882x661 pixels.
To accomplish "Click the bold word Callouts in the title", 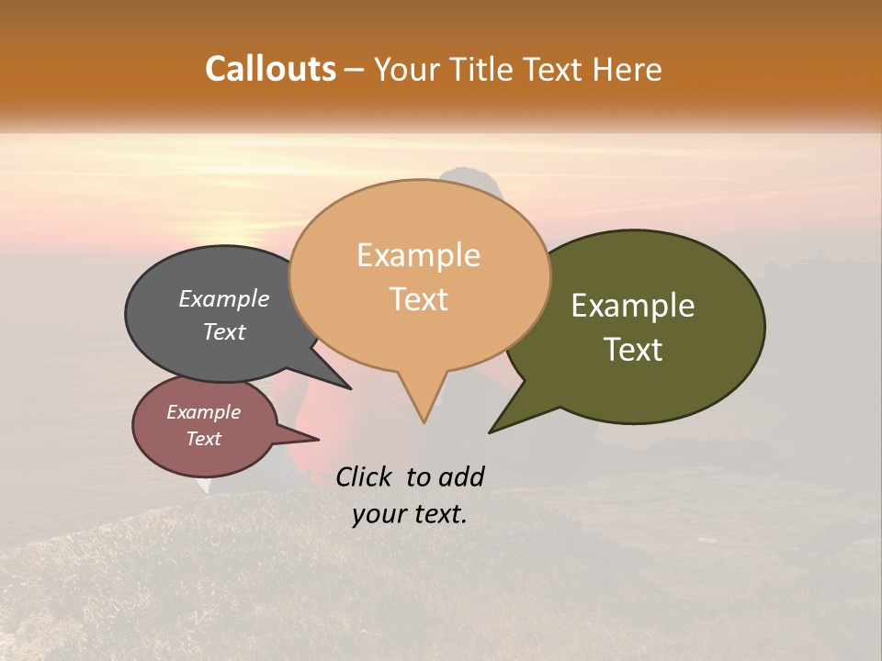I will coord(270,69).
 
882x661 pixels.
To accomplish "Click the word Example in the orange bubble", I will coord(418,255).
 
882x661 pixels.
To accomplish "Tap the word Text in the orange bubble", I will coord(418,299).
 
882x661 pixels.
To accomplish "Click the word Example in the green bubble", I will coord(633,306).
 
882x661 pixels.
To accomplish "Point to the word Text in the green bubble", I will coord(633,350).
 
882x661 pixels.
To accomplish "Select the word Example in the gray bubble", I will coord(223,298).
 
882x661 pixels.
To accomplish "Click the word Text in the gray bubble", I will coord(223,332).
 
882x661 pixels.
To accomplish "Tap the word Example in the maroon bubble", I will coord(203,412).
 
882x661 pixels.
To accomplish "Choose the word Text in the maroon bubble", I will coord(203,439).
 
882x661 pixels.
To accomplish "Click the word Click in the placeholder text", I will coord(365,476).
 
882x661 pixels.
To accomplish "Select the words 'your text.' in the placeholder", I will coord(410,514).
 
